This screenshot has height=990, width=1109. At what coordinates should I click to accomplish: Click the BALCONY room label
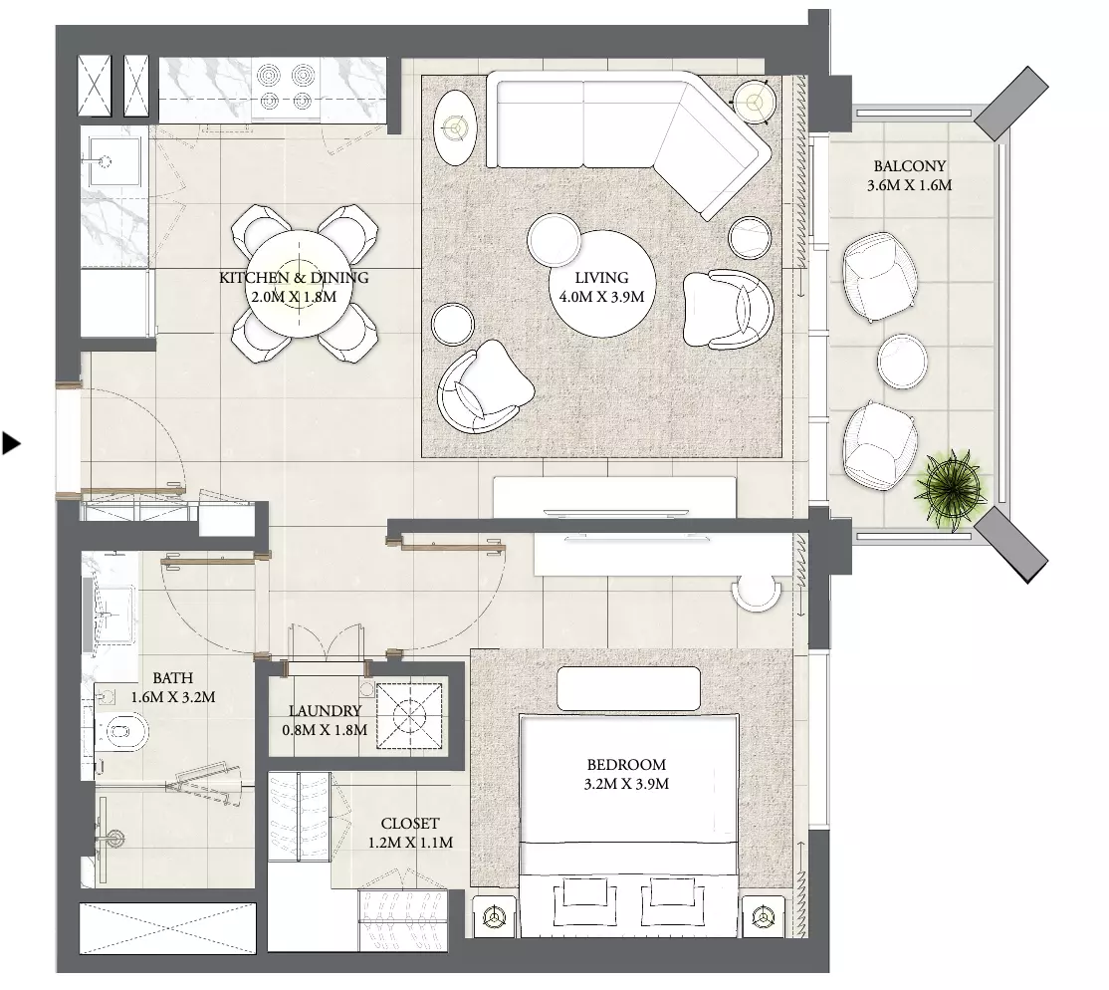tap(909, 166)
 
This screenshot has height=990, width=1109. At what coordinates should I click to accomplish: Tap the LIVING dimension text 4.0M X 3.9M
tap(601, 297)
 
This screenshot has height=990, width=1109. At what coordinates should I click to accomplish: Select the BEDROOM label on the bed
tap(626, 765)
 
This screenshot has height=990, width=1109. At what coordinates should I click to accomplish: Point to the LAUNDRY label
tap(325, 711)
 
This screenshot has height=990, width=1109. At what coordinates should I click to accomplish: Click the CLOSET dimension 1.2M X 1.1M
tap(410, 843)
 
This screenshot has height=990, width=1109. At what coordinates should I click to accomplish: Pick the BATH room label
tap(172, 678)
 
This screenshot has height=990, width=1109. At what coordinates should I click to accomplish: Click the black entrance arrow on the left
tap(11, 443)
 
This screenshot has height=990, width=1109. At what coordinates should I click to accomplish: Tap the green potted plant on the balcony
tap(952, 488)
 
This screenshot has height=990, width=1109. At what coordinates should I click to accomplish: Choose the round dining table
tap(298, 285)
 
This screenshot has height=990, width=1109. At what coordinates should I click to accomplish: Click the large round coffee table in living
tap(602, 284)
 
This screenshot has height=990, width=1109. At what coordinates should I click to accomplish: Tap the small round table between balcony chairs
tap(902, 361)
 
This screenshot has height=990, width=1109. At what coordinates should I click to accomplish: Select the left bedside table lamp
tap(492, 917)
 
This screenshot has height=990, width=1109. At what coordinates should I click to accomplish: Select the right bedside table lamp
tap(763, 917)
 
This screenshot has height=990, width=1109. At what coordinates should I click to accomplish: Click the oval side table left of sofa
tap(455, 128)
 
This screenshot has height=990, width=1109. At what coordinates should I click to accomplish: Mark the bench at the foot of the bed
tap(628, 688)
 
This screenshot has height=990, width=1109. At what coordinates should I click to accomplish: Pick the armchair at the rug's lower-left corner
tap(483, 387)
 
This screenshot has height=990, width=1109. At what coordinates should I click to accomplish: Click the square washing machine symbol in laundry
tap(409, 715)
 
